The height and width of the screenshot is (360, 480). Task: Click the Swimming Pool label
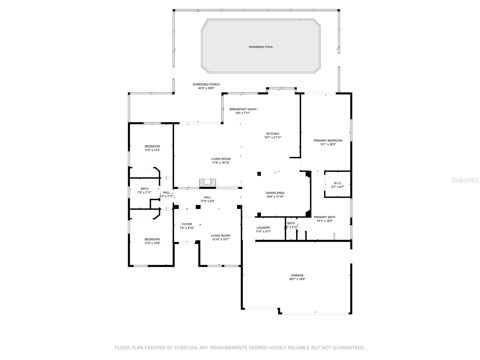point(261,47)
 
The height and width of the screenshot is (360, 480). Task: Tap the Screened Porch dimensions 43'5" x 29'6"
point(206,88)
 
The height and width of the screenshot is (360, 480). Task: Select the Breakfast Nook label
point(243,109)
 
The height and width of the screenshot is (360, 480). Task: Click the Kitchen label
point(273,134)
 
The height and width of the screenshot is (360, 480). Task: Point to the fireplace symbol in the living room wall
point(207,183)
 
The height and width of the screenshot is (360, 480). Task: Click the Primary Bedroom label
point(328,140)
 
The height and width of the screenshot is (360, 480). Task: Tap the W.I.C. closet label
point(338,183)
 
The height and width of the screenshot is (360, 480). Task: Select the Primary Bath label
point(324,217)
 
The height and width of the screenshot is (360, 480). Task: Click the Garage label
point(297,275)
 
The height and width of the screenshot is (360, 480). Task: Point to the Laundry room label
point(263,228)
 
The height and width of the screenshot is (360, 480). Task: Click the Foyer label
point(187,224)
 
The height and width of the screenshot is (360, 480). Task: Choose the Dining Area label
point(275,193)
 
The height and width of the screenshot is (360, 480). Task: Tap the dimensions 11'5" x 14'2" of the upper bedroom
point(152,150)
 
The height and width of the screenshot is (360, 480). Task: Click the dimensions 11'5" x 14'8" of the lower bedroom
point(152,243)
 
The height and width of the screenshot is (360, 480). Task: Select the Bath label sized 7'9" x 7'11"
point(144,189)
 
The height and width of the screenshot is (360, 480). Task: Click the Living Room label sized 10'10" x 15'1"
point(220,236)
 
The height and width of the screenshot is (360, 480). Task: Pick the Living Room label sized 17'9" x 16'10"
point(220,159)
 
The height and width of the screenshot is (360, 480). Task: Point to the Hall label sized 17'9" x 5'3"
point(207,197)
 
